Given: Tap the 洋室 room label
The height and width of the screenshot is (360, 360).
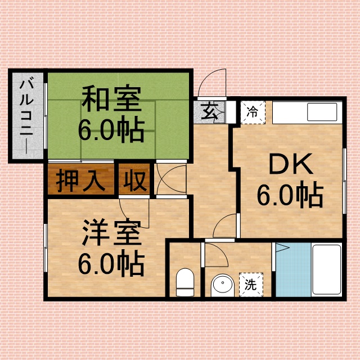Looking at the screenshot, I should [110, 232].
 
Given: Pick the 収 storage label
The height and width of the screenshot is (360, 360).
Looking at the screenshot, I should [135, 181].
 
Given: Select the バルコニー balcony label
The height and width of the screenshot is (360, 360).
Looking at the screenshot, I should [26, 115].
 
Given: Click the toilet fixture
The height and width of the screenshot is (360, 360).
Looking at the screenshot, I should [184, 281].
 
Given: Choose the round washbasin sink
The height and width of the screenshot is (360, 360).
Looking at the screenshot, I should [222, 285].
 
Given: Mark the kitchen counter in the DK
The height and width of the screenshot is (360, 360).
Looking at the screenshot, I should [307, 112].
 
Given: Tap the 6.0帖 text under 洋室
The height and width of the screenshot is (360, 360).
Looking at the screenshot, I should [111, 262].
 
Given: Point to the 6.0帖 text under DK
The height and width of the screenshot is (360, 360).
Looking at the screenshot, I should [290, 196].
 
